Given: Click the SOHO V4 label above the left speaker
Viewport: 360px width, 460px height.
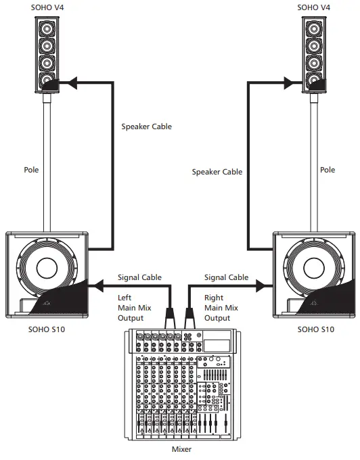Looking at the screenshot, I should tap(46, 7).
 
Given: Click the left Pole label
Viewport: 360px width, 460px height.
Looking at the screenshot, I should tap(31, 170).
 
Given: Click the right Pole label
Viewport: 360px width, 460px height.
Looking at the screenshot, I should tap(328, 170).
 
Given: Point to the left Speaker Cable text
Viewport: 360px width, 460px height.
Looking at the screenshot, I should tap(146, 126).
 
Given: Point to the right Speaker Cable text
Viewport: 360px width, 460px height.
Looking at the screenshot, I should tap(217, 172).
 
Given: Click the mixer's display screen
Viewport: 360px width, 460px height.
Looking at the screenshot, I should tap(217, 343).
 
